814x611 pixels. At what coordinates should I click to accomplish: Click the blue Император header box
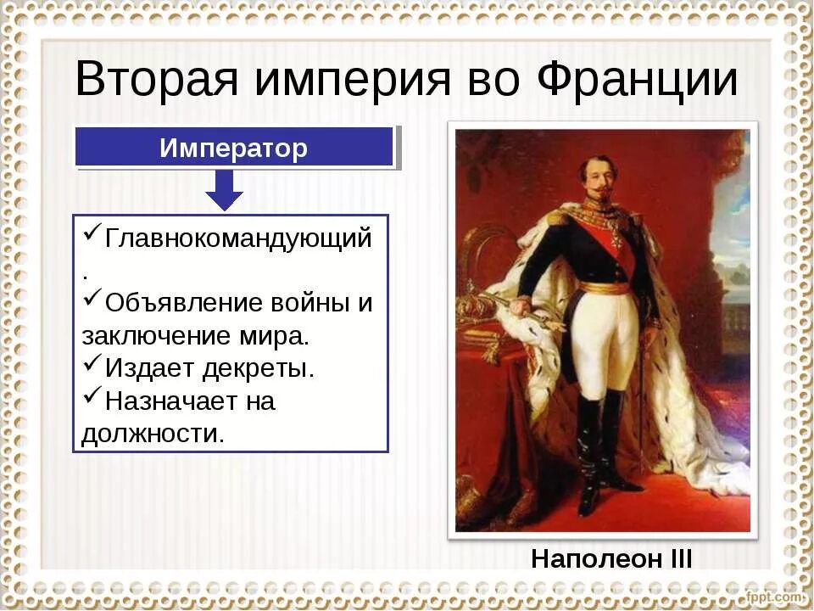click(x=234, y=148)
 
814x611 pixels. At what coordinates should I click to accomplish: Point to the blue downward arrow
click(x=224, y=190)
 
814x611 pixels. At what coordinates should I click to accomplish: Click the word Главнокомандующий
click(x=237, y=238)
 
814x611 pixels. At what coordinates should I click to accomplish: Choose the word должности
click(x=153, y=434)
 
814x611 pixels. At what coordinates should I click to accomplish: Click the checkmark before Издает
click(x=92, y=367)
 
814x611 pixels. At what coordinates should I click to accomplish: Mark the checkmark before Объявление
click(x=92, y=301)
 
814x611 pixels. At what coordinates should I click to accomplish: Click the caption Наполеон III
click(x=611, y=559)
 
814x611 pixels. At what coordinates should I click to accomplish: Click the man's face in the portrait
click(x=597, y=177)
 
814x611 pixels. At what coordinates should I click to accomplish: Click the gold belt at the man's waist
click(x=604, y=287)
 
